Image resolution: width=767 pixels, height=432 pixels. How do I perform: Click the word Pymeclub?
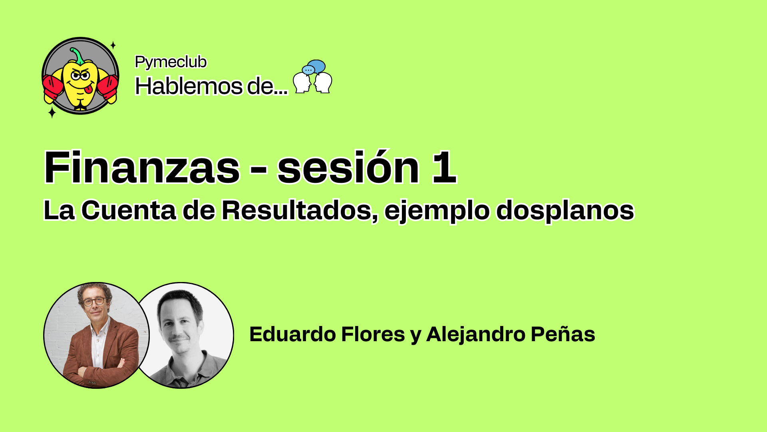(171, 62)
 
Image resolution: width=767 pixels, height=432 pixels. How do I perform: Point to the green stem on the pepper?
(77, 56)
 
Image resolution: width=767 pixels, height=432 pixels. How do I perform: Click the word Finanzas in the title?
(142, 167)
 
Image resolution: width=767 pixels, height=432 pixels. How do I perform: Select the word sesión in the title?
(348, 167)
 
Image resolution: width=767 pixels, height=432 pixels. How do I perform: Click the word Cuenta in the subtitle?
(128, 210)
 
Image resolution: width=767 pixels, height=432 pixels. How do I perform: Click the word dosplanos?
(565, 210)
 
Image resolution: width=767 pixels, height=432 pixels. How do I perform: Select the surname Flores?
(373, 334)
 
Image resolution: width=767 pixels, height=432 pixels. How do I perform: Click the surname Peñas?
(563, 334)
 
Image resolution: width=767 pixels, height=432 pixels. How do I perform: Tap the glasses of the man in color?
(94, 301)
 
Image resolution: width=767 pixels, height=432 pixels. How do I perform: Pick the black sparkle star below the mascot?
(52, 112)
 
